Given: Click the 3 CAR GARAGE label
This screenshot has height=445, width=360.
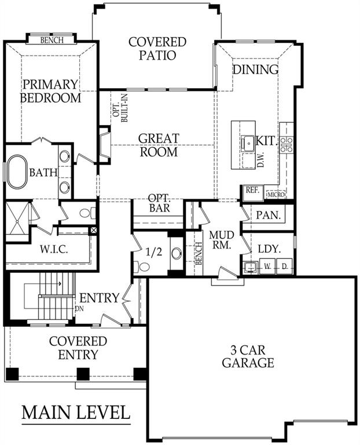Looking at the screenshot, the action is pos(248,357).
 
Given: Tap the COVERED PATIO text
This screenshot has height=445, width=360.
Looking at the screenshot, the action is pos(157,49).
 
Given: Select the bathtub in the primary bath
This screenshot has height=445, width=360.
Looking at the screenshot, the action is pos(17,172).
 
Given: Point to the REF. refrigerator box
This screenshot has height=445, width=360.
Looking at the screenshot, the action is pos(252,193).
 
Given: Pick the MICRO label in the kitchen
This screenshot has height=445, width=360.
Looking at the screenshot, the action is pos(276,195).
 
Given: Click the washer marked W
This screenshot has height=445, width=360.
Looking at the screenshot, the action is pos(267,267).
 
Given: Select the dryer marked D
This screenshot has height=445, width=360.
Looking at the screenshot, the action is pos(284,267).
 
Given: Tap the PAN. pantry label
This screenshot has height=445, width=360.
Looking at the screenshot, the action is pos(269,215).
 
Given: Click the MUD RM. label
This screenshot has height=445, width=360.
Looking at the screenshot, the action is pos(222,240).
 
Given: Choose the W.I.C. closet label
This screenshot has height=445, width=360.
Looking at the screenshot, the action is pos(54,250).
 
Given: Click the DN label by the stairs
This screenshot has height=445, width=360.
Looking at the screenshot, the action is pos(80,308).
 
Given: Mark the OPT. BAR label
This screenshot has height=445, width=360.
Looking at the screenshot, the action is pos(159,203).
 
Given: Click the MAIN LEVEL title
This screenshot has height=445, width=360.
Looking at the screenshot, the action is pos(76,413).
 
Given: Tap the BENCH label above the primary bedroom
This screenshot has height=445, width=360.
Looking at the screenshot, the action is pos(52,40).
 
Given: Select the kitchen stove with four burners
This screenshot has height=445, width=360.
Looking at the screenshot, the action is pos(286,144).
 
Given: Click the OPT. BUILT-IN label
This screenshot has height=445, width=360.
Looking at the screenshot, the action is pos(120,108).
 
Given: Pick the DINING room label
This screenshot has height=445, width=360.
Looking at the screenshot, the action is pos(255,70).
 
